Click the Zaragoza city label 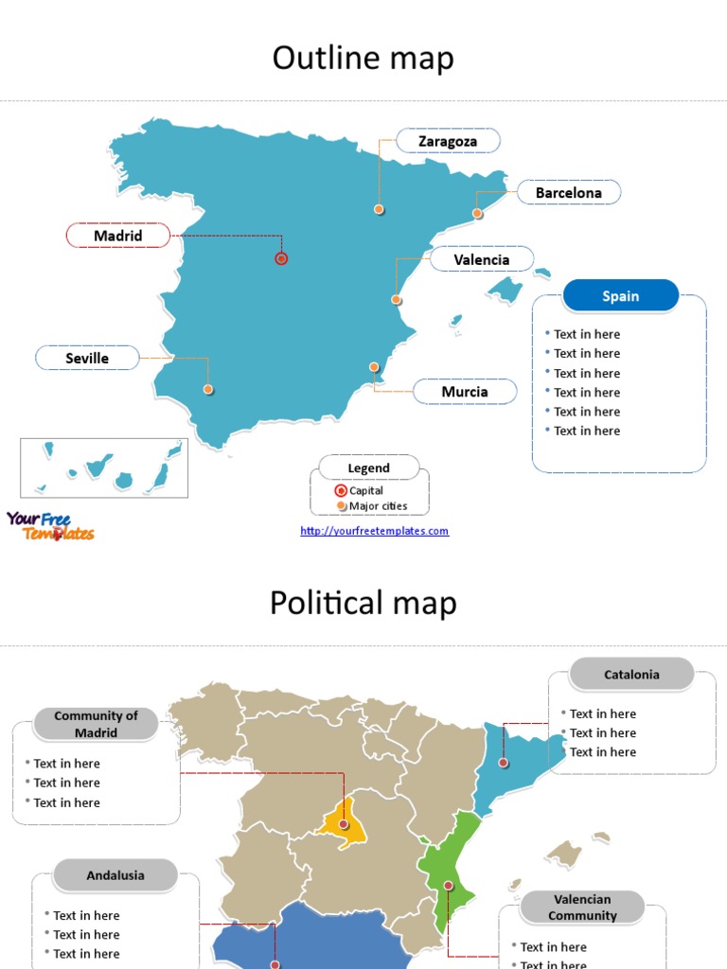pos(448,142)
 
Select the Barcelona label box pos(568,193)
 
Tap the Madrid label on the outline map pos(118,236)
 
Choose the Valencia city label pos(481,259)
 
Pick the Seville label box pos(87,358)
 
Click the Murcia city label pos(465,392)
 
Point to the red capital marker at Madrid pos(281,258)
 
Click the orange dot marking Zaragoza pos(379,209)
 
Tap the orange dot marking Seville pos(208,389)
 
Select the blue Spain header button pos(620,296)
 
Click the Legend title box pos(368,467)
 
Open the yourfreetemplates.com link pos(374,531)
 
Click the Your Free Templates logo pos(50,526)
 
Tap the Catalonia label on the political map pos(631,675)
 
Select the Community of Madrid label pos(96,724)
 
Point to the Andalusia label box pos(115,875)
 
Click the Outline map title pos(363,59)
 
